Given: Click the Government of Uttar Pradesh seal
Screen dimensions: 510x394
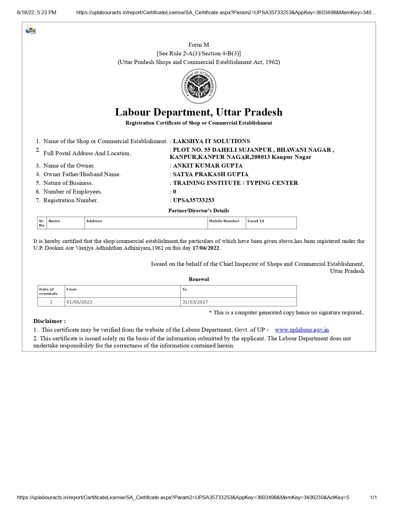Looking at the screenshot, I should [199, 86].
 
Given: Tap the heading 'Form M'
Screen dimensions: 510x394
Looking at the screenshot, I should [199, 45].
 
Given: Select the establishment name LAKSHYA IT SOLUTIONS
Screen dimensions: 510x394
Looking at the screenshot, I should [211, 141].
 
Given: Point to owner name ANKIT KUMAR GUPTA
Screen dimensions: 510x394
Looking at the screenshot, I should [208, 166].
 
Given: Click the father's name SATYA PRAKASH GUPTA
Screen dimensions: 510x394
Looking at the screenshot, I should [211, 174].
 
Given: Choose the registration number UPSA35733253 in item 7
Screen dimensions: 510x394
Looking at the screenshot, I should [193, 200].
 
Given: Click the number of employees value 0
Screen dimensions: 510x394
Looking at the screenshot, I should [175, 192].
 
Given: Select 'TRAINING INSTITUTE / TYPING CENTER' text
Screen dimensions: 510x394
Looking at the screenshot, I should [235, 183].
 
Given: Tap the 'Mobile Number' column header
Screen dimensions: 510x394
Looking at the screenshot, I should [224, 221].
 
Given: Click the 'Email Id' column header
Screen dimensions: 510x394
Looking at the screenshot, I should [256, 221].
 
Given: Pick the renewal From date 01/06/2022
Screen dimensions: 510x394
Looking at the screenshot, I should [79, 302].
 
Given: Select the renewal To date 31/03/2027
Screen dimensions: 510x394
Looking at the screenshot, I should [195, 302].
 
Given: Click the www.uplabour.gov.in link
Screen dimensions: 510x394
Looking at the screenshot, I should [302, 330].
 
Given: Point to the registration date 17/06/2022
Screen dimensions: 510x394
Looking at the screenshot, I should [205, 248].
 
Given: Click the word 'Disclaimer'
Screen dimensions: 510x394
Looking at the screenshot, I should [48, 321].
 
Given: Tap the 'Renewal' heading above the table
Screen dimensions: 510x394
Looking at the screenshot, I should [199, 279].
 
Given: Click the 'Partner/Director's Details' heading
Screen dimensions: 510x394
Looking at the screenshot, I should [199, 211].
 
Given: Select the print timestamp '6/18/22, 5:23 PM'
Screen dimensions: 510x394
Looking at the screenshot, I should [36, 12].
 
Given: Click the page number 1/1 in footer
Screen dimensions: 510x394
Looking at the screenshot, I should [373, 497].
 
